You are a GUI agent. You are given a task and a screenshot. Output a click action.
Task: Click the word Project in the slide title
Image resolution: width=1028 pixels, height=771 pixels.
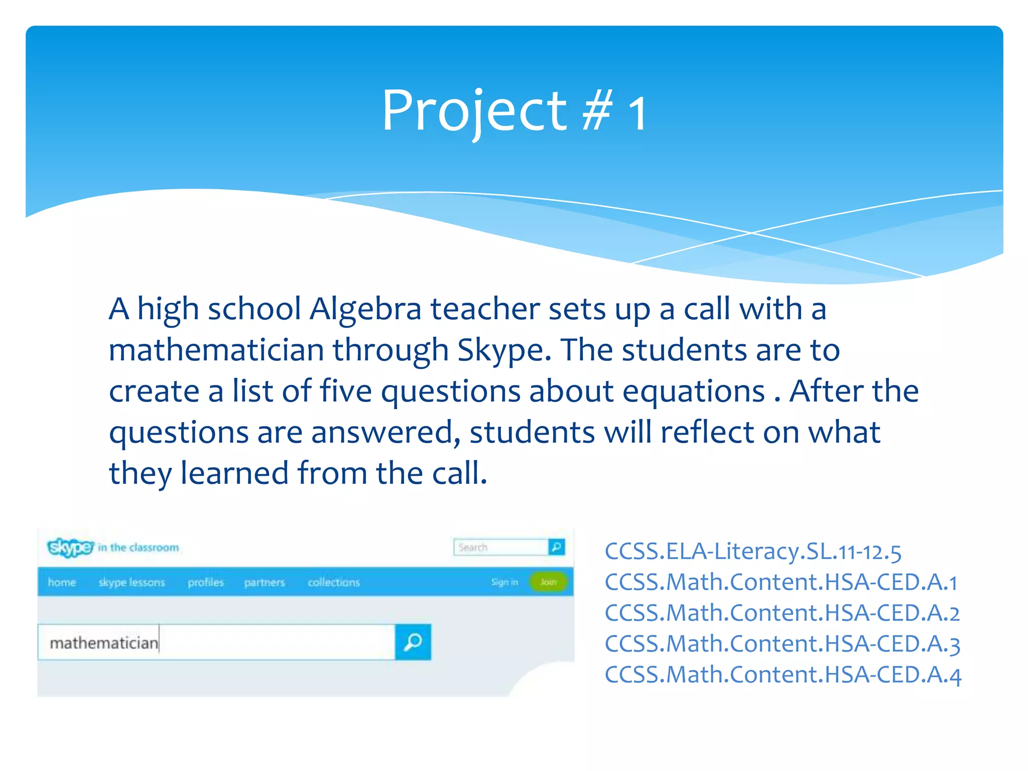coord(474,111)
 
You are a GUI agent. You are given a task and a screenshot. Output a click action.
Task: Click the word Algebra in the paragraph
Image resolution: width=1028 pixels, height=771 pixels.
coord(365,309)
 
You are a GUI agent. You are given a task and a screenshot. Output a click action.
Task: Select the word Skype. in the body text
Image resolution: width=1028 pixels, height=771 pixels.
coord(504,350)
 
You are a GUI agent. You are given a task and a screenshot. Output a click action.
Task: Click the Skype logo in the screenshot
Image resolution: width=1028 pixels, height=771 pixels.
coord(70,547)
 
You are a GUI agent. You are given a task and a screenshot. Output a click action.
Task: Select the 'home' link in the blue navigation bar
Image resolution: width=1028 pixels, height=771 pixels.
coord(62,582)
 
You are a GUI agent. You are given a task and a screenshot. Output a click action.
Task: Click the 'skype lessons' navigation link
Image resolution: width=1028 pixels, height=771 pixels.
coord(132,582)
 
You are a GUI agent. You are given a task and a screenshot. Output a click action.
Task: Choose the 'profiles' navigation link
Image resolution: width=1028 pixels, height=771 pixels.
coord(206,582)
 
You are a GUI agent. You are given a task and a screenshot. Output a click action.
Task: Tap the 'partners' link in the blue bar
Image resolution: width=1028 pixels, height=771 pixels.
coord(265,582)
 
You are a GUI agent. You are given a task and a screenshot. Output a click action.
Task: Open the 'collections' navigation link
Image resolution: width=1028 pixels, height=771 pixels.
coord(334,582)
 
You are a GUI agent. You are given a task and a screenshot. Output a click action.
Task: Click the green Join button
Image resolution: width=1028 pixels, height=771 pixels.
coord(548,582)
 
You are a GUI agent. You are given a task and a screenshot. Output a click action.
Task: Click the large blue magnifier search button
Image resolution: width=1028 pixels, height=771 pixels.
coord(413,642)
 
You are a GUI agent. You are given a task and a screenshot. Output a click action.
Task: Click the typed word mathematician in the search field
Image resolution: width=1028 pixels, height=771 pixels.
coord(104,643)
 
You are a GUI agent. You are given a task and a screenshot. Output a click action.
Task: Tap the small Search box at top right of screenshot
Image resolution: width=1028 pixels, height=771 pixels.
coord(499,547)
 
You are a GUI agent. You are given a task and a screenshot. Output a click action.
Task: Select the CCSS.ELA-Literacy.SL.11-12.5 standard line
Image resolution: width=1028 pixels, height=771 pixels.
coord(753,552)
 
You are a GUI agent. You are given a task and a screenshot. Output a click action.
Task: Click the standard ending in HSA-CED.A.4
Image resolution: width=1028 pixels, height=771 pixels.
coord(783,675)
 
